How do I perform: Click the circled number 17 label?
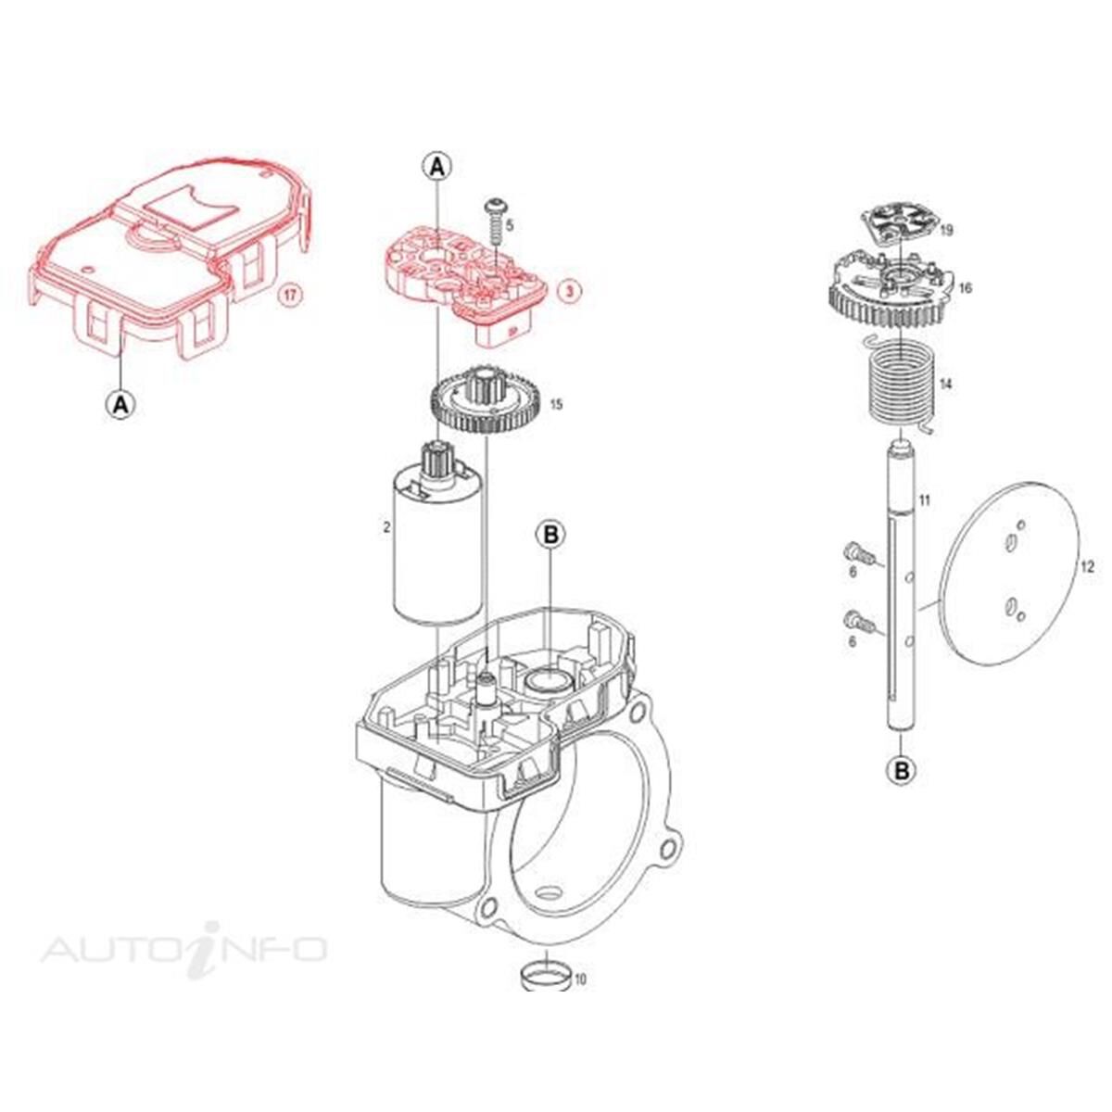[x=291, y=297]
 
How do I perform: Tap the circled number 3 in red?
[x=571, y=290]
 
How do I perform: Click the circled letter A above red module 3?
[x=437, y=166]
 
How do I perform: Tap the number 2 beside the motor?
[x=386, y=527]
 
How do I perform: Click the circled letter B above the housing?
[x=550, y=535]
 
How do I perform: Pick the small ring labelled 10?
[x=544, y=976]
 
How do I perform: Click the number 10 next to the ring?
[x=580, y=978]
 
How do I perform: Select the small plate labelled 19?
[x=891, y=223]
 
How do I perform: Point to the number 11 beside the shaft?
[x=924, y=501]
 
